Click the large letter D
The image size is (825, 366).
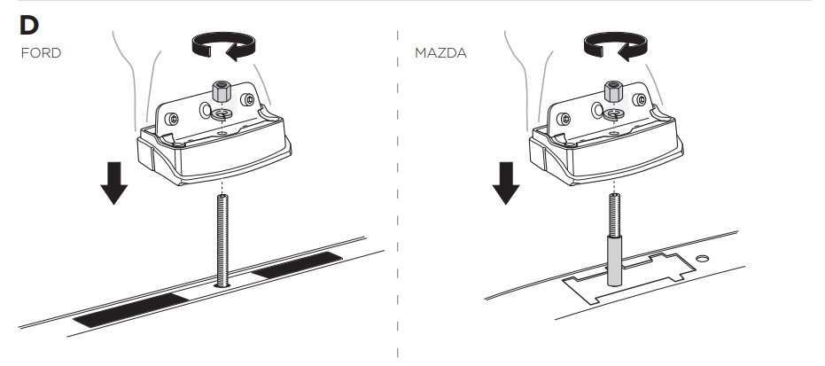(29, 25)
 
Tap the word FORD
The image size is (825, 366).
(41, 53)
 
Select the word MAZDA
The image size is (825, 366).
(441, 53)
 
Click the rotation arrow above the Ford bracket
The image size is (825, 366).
(223, 46)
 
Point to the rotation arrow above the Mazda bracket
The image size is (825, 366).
(616, 46)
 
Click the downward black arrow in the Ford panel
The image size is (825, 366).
(114, 183)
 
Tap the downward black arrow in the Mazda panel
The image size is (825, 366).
(506, 183)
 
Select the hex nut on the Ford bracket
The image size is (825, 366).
(222, 91)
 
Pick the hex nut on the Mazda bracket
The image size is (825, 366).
(613, 91)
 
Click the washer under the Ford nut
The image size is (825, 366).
(223, 113)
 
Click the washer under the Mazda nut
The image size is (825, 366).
(614, 113)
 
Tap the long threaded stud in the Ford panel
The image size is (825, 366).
(222, 240)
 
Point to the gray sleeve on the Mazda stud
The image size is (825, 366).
(615, 261)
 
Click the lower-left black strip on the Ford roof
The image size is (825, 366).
(131, 310)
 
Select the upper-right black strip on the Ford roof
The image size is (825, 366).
(297, 264)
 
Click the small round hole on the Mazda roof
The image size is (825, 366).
(702, 258)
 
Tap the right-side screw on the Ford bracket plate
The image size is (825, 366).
(247, 99)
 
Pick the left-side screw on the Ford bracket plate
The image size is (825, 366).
(172, 119)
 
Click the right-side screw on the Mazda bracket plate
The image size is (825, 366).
(639, 99)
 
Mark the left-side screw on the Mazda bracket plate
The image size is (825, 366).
(564, 119)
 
